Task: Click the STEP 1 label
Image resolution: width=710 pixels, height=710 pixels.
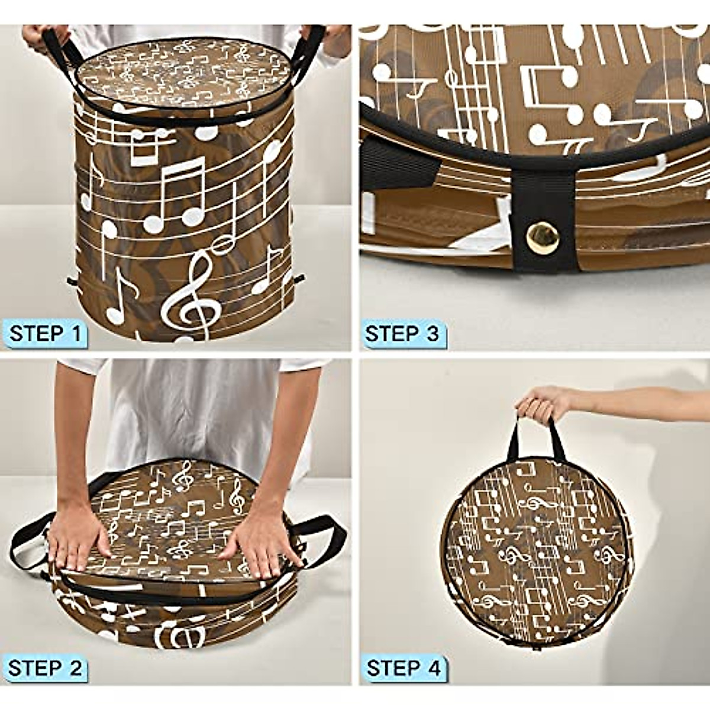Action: [45, 333]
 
